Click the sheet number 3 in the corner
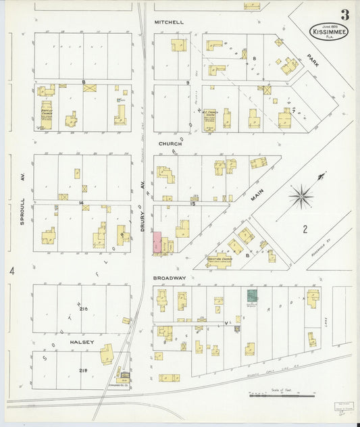tap(345, 15)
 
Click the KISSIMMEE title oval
tap(326, 32)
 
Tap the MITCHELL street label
tap(169, 22)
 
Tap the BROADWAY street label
tap(170, 278)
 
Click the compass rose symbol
tap(300, 197)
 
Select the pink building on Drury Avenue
tap(157, 243)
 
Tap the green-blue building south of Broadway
tap(251, 295)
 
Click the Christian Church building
tap(219, 260)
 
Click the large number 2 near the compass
tap(305, 230)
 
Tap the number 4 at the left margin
tap(11, 271)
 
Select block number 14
tap(81, 202)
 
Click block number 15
tap(192, 202)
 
